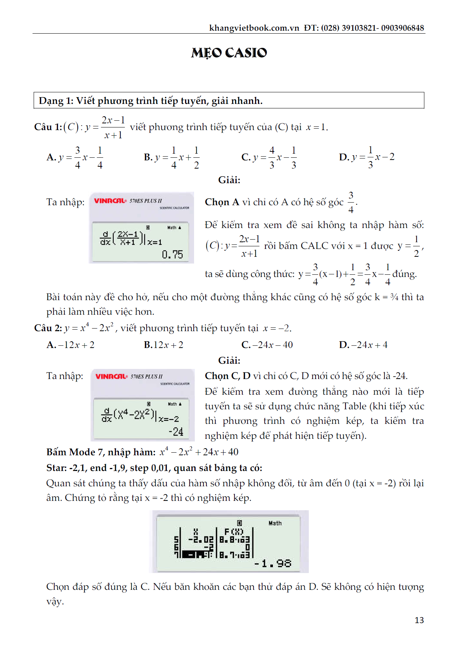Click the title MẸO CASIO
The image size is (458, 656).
(x=229, y=53)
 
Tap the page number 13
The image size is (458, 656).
(x=419, y=620)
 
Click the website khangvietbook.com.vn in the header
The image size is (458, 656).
(x=254, y=28)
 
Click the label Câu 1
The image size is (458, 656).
(x=48, y=127)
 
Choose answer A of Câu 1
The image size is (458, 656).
(x=75, y=157)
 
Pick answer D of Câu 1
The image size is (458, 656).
(x=366, y=157)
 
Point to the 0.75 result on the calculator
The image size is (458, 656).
(x=172, y=255)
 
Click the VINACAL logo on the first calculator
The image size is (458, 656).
(x=110, y=201)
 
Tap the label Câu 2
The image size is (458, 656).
(x=48, y=328)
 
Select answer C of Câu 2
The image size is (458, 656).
(x=267, y=345)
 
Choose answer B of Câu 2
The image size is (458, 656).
(x=163, y=345)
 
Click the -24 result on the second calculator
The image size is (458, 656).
(x=176, y=432)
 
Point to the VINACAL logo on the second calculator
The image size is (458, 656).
(x=111, y=376)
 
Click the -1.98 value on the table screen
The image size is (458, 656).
(x=273, y=563)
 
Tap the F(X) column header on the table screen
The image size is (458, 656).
(x=234, y=532)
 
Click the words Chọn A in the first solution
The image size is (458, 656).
(x=222, y=202)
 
